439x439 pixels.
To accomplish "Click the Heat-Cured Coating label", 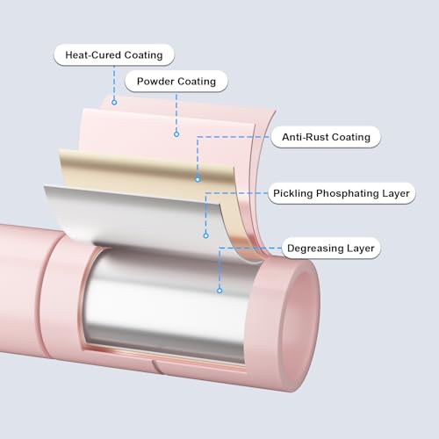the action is (x=114, y=55).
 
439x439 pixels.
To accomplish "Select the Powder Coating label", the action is (x=176, y=82).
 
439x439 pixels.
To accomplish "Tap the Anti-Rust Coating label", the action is (x=326, y=137).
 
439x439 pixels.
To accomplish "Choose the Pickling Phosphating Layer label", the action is (x=342, y=193).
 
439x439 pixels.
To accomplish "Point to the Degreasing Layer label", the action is (x=331, y=248).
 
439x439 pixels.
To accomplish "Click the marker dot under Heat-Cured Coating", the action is (x=114, y=103).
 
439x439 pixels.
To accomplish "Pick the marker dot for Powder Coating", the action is (x=176, y=134).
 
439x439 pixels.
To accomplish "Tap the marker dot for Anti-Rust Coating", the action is (x=198, y=179).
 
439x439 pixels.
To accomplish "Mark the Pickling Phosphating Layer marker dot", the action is (x=206, y=235).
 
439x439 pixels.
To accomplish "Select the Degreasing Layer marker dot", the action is (x=219, y=291).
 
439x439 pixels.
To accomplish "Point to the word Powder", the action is (x=155, y=82).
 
